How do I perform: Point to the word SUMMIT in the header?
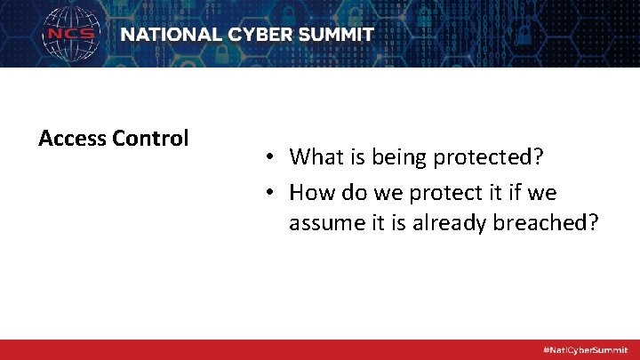coord(339,35)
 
